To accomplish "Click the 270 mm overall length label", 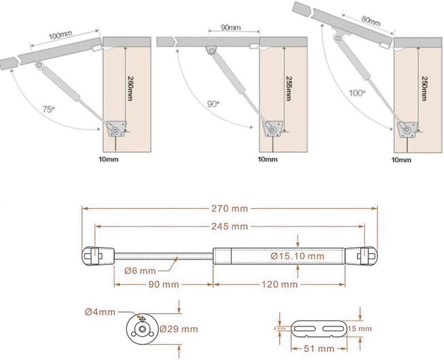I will (229, 208).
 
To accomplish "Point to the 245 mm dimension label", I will (229, 226).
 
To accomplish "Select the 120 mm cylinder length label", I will (279, 284).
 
